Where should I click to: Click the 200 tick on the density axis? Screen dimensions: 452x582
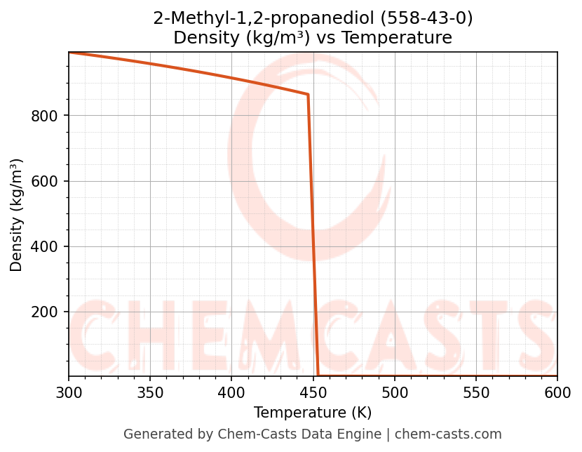coord(44,312)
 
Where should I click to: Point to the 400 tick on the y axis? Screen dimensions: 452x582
coord(44,247)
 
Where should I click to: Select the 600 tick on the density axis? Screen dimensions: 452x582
coord(44,181)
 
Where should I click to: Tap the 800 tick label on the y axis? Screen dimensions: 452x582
coord(44,116)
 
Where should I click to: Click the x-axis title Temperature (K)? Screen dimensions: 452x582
coord(313,413)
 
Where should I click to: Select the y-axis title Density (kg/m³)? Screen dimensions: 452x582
coord(16,215)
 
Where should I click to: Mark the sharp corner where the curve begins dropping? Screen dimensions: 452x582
coord(308,94)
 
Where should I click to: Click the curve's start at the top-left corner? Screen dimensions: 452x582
coord(69,53)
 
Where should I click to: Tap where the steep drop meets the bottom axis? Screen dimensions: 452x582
coord(318,375)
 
